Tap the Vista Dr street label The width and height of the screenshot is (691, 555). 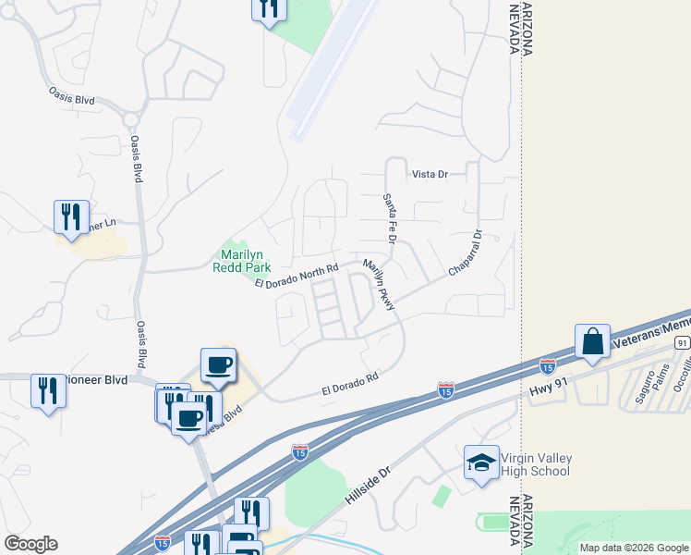point(430,174)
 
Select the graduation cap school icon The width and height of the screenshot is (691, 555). point(480,463)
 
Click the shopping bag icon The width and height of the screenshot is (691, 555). point(592,341)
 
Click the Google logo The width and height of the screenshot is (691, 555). point(30,544)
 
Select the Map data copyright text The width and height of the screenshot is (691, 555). point(635,548)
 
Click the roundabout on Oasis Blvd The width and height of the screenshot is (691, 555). point(130,119)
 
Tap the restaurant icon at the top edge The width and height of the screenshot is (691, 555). point(269,8)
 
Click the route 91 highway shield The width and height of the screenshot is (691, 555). point(682,342)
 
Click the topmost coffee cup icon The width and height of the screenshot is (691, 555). point(219,364)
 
